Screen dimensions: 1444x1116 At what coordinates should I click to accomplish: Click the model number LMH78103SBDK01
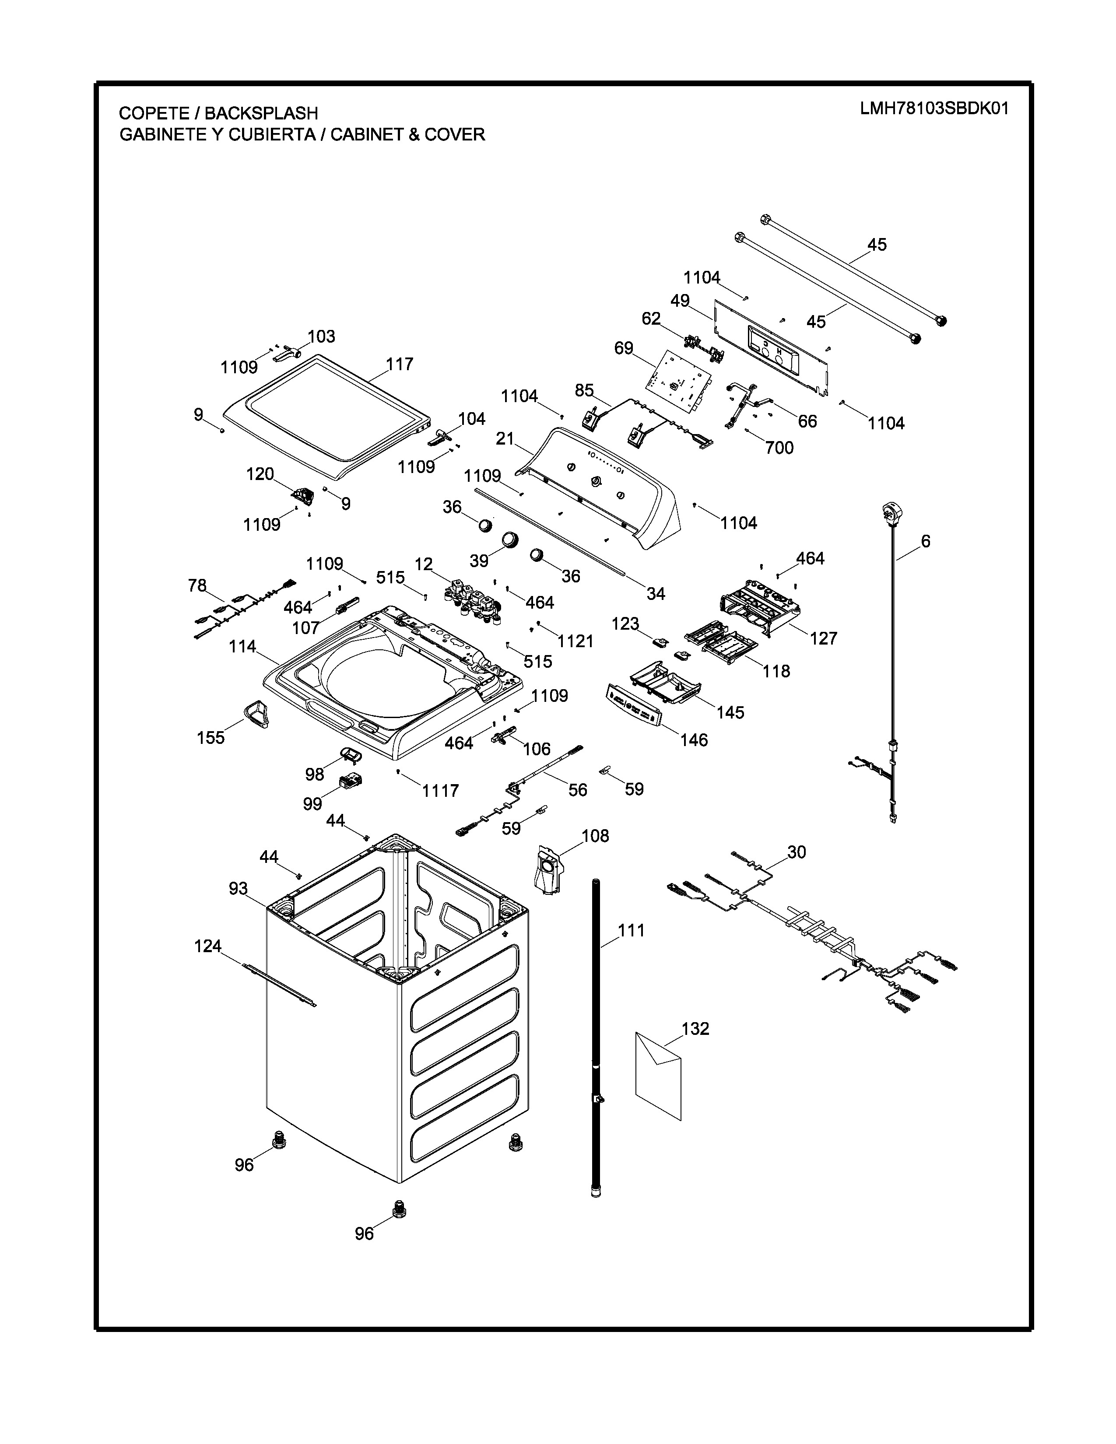[934, 109]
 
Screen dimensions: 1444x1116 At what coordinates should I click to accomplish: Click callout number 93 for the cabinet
[238, 889]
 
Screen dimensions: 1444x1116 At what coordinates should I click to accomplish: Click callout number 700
[779, 448]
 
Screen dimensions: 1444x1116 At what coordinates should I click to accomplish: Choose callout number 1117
[440, 791]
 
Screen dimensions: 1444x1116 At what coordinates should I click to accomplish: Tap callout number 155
[211, 737]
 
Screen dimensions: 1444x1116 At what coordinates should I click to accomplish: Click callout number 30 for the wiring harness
[797, 852]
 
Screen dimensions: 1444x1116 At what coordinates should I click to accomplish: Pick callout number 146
[694, 740]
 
